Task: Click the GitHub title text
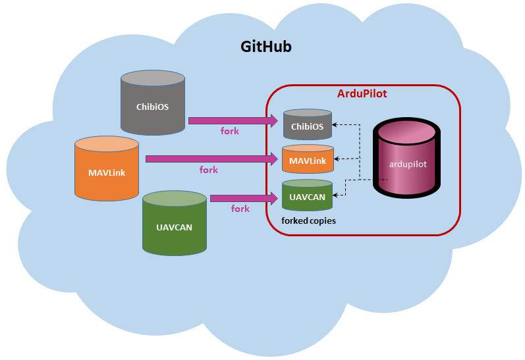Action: coord(265,47)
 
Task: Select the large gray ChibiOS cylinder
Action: coord(152,105)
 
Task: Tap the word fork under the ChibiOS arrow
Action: coord(229,131)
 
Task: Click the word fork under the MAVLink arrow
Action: coord(208,170)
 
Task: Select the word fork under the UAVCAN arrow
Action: coord(240,209)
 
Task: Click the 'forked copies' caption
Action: coord(308,221)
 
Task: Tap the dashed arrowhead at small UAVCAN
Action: coord(337,195)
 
